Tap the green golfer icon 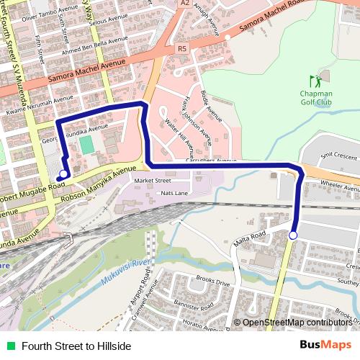pyautogui.click(x=314, y=81)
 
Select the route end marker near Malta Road pyautogui.click(x=293, y=235)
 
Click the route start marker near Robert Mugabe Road pyautogui.click(x=63, y=174)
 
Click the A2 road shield pyautogui.click(x=185, y=4)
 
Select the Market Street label pyautogui.click(x=153, y=181)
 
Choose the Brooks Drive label pyautogui.click(x=214, y=283)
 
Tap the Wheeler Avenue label pyautogui.click(x=339, y=184)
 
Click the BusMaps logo pyautogui.click(x=326, y=346)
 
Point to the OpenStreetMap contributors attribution pyautogui.click(x=297, y=323)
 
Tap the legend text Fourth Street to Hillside pyautogui.click(x=76, y=346)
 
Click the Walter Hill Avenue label pyautogui.click(x=180, y=138)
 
